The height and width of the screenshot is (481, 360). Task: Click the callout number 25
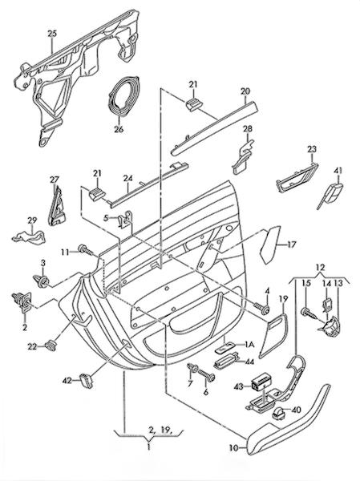[52, 34]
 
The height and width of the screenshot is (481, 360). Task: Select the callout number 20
[245, 91]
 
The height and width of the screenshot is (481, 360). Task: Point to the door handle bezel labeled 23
[296, 178]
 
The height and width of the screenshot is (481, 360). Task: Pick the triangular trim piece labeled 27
[56, 205]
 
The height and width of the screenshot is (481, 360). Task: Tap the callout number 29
[32, 220]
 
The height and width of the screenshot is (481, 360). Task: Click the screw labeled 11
[86, 250]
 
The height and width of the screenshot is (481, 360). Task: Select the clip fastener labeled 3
[41, 280]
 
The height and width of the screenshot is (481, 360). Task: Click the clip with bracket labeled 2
[22, 301]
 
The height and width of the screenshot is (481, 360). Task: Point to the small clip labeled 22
[51, 346]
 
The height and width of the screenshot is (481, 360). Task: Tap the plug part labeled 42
[87, 379]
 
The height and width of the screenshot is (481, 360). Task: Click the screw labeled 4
[262, 309]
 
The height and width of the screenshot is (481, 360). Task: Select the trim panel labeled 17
[269, 244]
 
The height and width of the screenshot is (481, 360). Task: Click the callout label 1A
[249, 345]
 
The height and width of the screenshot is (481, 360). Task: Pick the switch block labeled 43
[261, 382]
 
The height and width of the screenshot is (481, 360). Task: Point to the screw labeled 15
[310, 313]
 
